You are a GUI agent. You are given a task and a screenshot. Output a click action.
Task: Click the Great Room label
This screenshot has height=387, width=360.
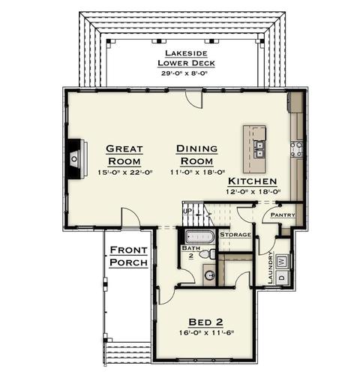coord(124,155)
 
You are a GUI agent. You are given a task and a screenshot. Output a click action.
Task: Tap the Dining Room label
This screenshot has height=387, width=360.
coord(196,155)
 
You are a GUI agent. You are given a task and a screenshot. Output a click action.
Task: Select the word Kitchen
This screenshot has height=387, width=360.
coord(253,181)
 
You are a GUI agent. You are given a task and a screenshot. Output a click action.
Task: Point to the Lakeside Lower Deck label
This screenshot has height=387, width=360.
coord(186,58)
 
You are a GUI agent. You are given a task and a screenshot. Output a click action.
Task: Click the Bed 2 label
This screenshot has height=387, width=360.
coord(205,322)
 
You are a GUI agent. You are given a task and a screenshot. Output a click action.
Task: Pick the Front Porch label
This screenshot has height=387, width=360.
coord(128,256)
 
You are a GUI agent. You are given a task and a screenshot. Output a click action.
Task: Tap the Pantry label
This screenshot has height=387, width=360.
coord(283,214)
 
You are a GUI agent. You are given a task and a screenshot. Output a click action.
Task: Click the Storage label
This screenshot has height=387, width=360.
coord(235,235)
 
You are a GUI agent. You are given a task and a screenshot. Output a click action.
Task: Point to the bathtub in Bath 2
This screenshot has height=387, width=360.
coord(200,236)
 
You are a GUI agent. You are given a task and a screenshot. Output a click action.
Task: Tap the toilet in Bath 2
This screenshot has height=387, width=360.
coord(208,254)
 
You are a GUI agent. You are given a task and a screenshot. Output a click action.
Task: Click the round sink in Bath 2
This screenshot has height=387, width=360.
coord(210,275)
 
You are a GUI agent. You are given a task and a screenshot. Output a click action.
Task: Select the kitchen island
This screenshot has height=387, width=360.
coord(254,149)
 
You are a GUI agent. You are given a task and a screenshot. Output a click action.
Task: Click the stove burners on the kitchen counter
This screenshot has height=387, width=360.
coord(296,149)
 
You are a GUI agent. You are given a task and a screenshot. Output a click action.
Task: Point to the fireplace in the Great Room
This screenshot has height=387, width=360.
coord(76,159)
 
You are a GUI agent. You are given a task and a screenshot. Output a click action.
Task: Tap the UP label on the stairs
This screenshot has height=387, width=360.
coord(187,211)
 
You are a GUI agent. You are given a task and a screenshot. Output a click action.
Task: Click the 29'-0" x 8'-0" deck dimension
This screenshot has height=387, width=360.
coord(184,73)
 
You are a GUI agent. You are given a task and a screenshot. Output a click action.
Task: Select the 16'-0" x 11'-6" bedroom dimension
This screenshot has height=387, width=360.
coord(206,333)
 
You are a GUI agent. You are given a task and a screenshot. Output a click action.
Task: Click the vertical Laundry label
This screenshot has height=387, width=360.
coord(270,268)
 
